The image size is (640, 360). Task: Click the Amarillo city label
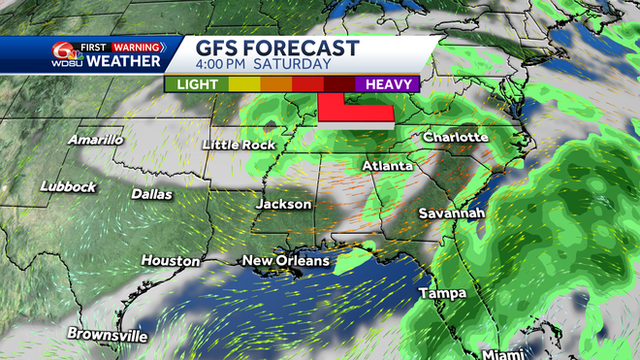(x=95, y=140)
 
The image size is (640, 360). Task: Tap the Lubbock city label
(x=68, y=186)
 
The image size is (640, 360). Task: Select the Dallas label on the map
(x=152, y=194)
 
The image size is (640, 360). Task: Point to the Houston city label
(x=171, y=261)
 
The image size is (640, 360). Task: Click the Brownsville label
(x=107, y=336)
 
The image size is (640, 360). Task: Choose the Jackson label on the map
(x=283, y=205)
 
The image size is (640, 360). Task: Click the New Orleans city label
(x=285, y=261)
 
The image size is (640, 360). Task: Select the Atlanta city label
(x=386, y=167)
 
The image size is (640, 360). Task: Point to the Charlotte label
(x=455, y=138)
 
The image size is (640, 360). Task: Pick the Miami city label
(x=508, y=352)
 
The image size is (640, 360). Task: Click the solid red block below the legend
(x=355, y=114)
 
